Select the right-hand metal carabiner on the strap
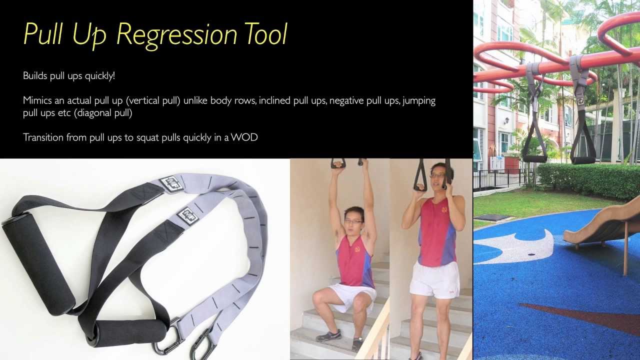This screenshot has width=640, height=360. coord(202,345)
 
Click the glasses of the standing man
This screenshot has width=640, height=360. coord(437,175)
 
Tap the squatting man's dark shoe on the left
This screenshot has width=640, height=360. coord(328,335)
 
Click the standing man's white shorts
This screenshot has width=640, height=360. coord(434,280)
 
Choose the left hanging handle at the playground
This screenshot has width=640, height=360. coord(534,158)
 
